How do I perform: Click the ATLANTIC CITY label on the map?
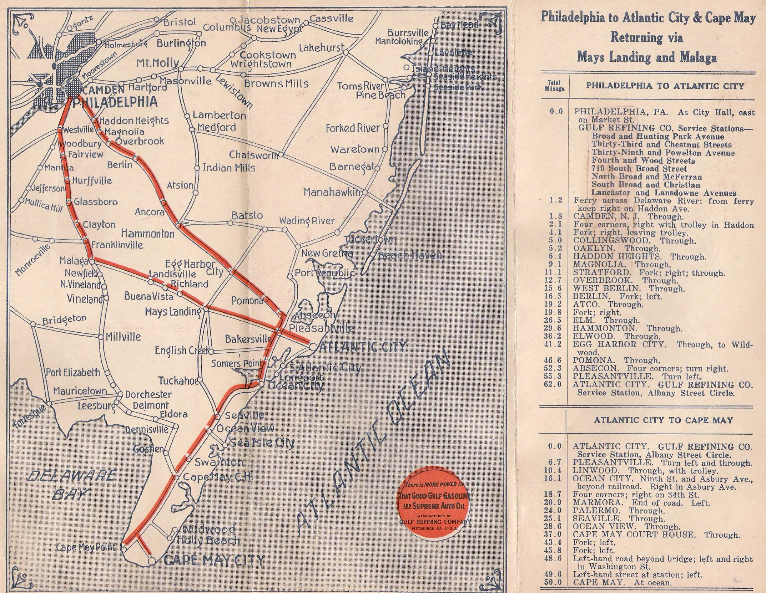(363, 346)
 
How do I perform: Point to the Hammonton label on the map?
(147, 234)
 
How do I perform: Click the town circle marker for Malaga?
(92, 261)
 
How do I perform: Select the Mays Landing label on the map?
(173, 312)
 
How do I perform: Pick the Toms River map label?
(360, 86)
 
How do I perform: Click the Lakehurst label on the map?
(322, 47)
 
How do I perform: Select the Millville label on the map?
(123, 337)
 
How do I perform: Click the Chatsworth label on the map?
(253, 155)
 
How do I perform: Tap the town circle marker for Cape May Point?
(124, 559)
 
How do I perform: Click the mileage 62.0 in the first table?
(553, 384)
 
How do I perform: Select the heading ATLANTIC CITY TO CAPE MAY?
(663, 420)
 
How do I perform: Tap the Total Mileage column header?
(554, 86)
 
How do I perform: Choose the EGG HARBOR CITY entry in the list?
(619, 344)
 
